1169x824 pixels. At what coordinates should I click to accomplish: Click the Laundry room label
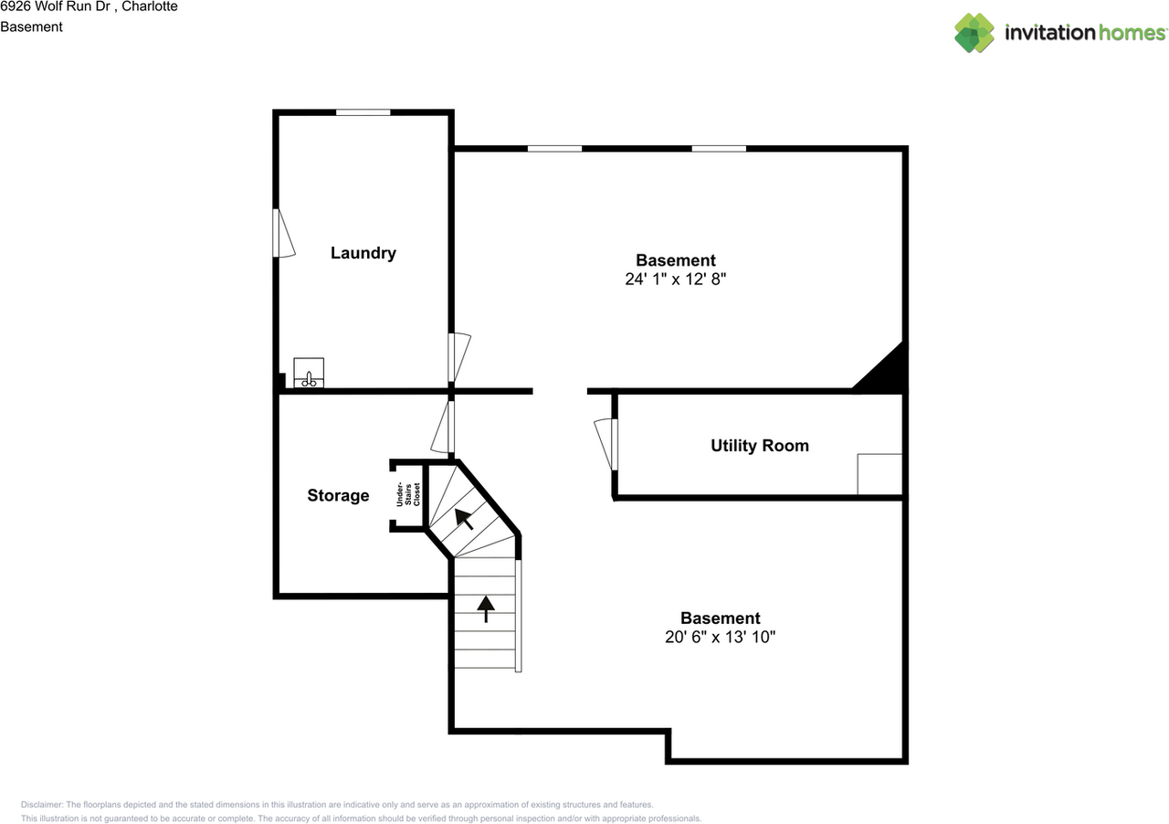(x=363, y=253)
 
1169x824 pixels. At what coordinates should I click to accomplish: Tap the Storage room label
(x=338, y=495)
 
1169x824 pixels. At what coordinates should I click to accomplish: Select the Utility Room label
(x=759, y=446)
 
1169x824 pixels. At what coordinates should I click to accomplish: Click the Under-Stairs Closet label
(x=408, y=495)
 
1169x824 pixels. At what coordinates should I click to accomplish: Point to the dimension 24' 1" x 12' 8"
(x=675, y=280)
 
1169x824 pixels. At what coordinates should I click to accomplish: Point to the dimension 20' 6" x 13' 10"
(x=720, y=638)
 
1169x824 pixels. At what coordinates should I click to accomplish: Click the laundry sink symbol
(x=309, y=374)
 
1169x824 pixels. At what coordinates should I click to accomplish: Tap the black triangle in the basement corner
(x=885, y=373)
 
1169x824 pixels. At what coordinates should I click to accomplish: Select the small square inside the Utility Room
(x=879, y=474)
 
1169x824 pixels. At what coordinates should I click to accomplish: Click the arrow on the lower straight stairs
(x=486, y=608)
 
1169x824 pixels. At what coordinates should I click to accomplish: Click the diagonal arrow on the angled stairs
(x=465, y=519)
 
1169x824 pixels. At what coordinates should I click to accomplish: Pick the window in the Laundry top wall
(x=363, y=112)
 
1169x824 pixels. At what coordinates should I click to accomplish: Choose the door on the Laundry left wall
(x=282, y=234)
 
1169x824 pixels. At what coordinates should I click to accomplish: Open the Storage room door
(x=444, y=427)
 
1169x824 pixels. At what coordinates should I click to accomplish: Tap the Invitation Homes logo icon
(x=974, y=33)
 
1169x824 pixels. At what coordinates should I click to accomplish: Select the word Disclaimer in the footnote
(x=42, y=805)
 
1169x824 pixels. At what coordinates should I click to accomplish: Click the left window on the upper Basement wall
(x=554, y=148)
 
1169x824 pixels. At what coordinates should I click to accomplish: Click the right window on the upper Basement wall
(x=718, y=148)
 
